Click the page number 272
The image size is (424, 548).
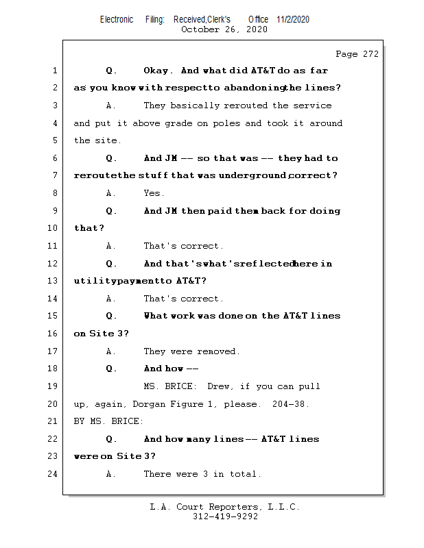(370, 54)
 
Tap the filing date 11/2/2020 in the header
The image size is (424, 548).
(293, 19)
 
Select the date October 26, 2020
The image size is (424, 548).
(224, 29)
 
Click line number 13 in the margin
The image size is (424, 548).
(53, 281)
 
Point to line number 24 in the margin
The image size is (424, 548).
(53, 474)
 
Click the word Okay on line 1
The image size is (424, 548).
(156, 71)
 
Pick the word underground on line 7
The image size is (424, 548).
(252, 175)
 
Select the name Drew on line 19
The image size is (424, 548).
(218, 386)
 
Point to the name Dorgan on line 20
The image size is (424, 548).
(149, 404)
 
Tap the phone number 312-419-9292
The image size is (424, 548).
(226, 516)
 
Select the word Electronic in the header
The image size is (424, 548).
(117, 19)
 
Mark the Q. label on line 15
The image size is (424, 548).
(111, 316)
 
